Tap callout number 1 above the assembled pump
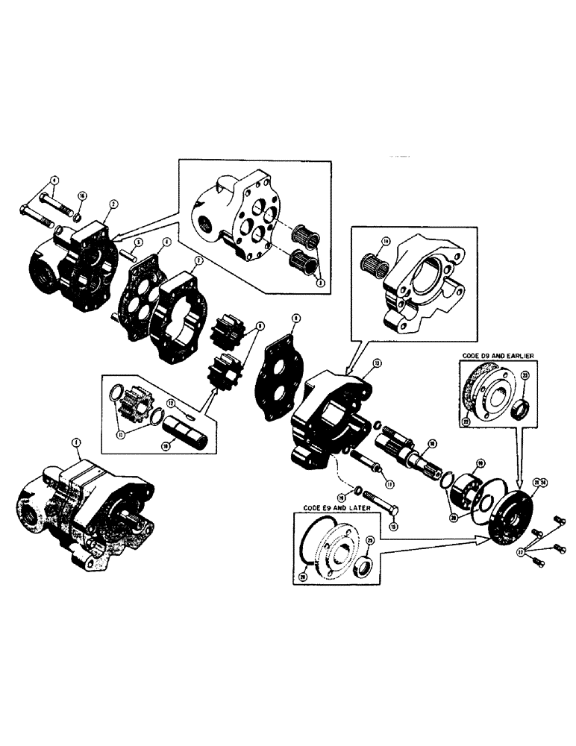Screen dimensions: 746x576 (75, 442)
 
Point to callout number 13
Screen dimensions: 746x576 (378, 363)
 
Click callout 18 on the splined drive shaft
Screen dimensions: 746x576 (431, 443)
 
